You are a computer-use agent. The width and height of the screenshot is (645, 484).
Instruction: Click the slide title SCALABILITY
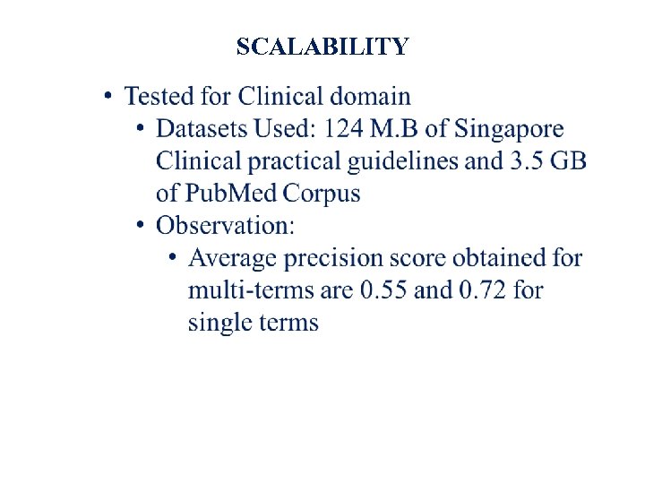click(322, 47)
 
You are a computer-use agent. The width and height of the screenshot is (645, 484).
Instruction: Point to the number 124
click(345, 129)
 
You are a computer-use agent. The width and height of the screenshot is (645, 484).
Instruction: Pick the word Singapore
click(509, 129)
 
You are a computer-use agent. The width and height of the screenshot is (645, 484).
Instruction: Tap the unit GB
click(569, 161)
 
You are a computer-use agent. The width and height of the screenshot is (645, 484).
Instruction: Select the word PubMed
click(232, 194)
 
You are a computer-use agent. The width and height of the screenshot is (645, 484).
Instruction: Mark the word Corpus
click(322, 194)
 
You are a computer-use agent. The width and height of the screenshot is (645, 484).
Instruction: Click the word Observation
click(223, 226)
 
